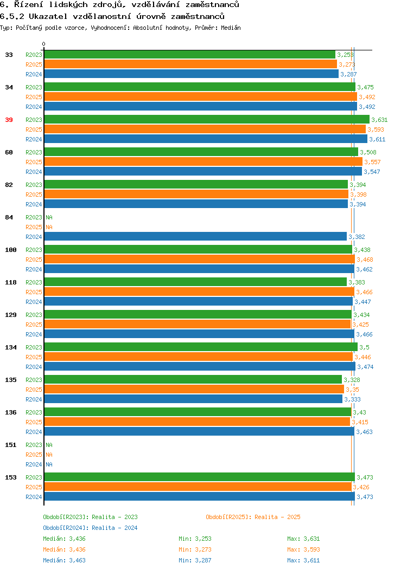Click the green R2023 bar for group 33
pos(190,55)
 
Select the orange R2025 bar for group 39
pos(205,129)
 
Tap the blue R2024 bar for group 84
pos(195,237)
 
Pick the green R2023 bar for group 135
pos(193,379)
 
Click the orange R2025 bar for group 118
pos(199,292)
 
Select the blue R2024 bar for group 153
pos(200,496)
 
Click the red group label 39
pos(9,120)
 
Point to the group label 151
pos(10,445)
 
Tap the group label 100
pos(10,250)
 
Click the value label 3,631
pos(379,120)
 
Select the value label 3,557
pos(372,162)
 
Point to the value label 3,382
pos(357,237)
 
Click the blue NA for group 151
pos(49,464)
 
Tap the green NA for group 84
pos(49,217)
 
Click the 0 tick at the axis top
pos(44,44)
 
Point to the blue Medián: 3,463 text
pos(65,560)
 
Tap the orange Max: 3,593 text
pos(303,549)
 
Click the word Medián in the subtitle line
pos(231,28)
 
